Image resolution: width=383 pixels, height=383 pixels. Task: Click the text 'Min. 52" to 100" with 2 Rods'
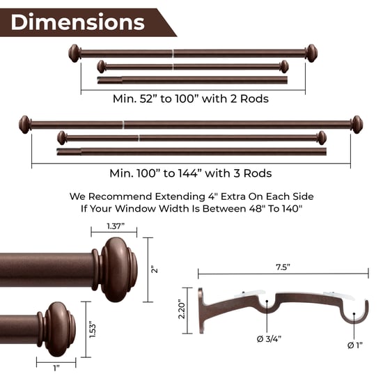pos(190,99)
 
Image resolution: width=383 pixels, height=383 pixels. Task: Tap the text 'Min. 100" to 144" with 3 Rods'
pos(190,173)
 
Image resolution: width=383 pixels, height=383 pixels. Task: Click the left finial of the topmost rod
pos(74,52)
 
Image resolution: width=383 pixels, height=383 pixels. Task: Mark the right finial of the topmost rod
pos(311,52)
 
